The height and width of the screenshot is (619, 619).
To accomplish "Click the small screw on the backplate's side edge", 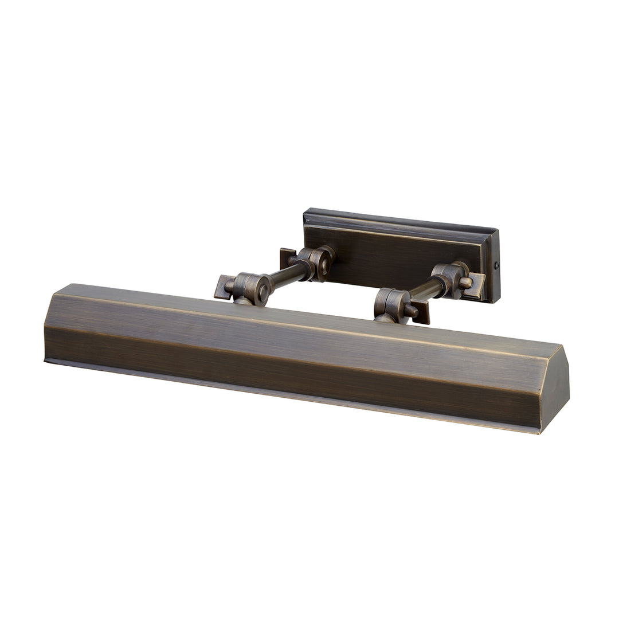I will click(x=496, y=265).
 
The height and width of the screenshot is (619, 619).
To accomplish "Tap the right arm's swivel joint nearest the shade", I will click(x=391, y=305).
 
